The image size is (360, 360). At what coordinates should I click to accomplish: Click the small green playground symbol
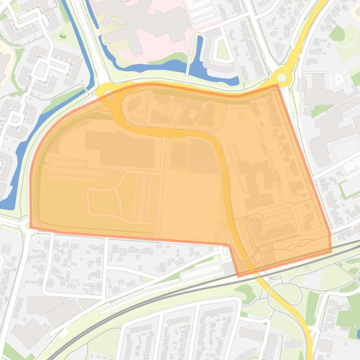63,36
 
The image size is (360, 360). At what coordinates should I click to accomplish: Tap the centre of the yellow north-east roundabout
281,77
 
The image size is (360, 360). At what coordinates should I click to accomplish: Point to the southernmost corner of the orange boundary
239,276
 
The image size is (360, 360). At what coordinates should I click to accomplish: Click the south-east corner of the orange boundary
331,252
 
